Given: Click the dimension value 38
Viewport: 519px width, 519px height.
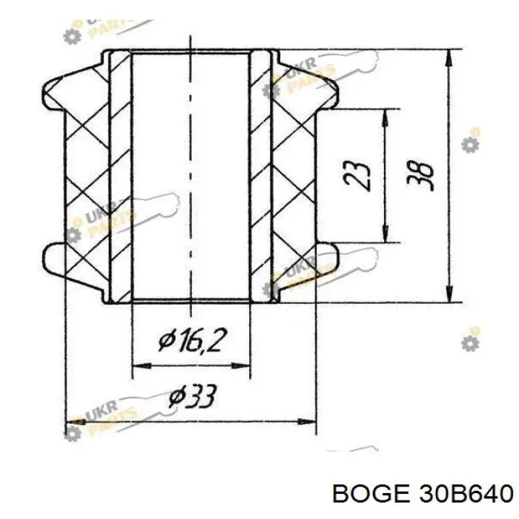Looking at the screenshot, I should (424, 176).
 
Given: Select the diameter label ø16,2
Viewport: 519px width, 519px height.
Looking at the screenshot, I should (192, 343).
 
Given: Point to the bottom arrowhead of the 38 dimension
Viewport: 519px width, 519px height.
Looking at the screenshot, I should (450, 295).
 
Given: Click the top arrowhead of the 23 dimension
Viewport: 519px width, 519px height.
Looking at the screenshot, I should (385, 115).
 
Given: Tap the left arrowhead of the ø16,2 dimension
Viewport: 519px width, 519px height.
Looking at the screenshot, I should (138, 366).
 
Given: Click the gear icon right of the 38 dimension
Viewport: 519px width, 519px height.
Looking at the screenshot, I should (469, 144).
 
